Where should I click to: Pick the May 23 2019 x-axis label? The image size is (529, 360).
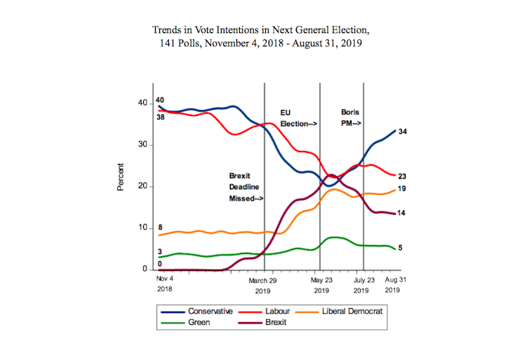pyautogui.click(x=321, y=284)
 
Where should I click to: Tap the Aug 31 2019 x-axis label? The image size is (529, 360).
pyautogui.click(x=393, y=284)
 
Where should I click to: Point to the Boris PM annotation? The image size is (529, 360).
pyautogui.click(x=351, y=118)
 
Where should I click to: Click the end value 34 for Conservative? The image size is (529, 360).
pyautogui.click(x=403, y=132)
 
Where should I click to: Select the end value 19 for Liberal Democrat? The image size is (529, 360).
pyautogui.click(x=403, y=189)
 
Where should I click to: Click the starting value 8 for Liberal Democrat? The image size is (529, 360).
pyautogui.click(x=161, y=227)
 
